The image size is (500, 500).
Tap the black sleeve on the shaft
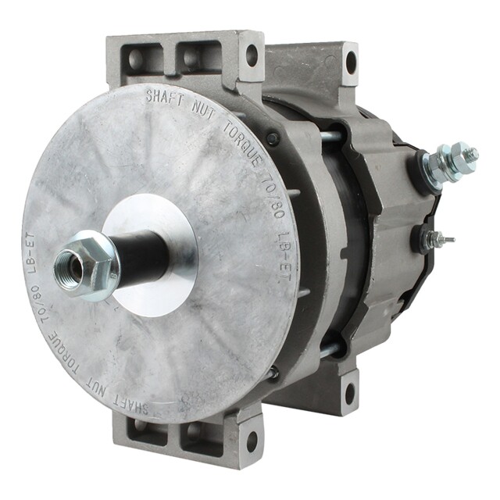click(x=141, y=252)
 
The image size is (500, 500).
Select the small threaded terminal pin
click(x=441, y=239)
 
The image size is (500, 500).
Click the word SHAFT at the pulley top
click(x=165, y=98)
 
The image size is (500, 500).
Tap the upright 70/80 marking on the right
click(x=273, y=200)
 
